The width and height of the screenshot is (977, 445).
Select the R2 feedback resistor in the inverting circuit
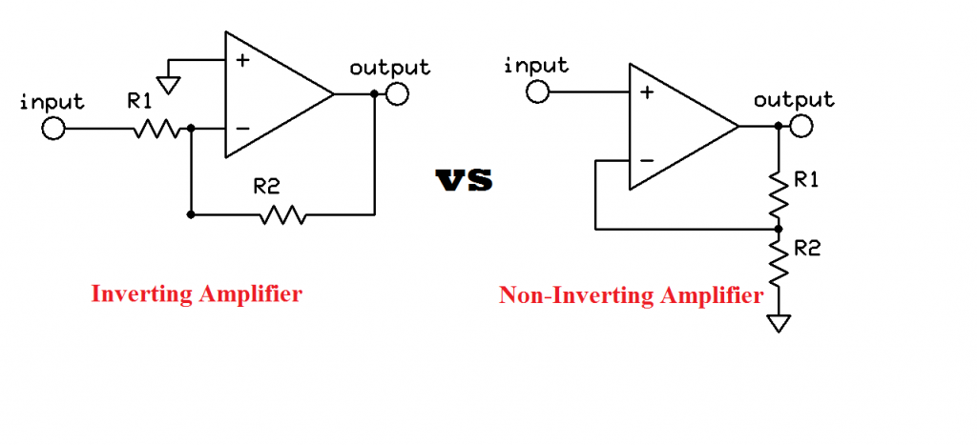(x=281, y=215)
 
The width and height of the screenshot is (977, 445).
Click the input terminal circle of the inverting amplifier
(x=53, y=128)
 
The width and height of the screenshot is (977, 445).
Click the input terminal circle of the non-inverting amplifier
(x=537, y=91)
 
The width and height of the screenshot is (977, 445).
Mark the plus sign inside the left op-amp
(x=242, y=60)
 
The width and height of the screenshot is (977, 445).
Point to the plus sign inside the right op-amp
(x=647, y=92)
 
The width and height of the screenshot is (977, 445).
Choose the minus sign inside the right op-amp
(x=647, y=160)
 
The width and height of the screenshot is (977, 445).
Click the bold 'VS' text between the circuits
(x=465, y=180)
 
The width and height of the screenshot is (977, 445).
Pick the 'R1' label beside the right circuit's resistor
(x=806, y=181)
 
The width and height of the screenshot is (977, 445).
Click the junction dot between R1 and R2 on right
(x=780, y=229)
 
